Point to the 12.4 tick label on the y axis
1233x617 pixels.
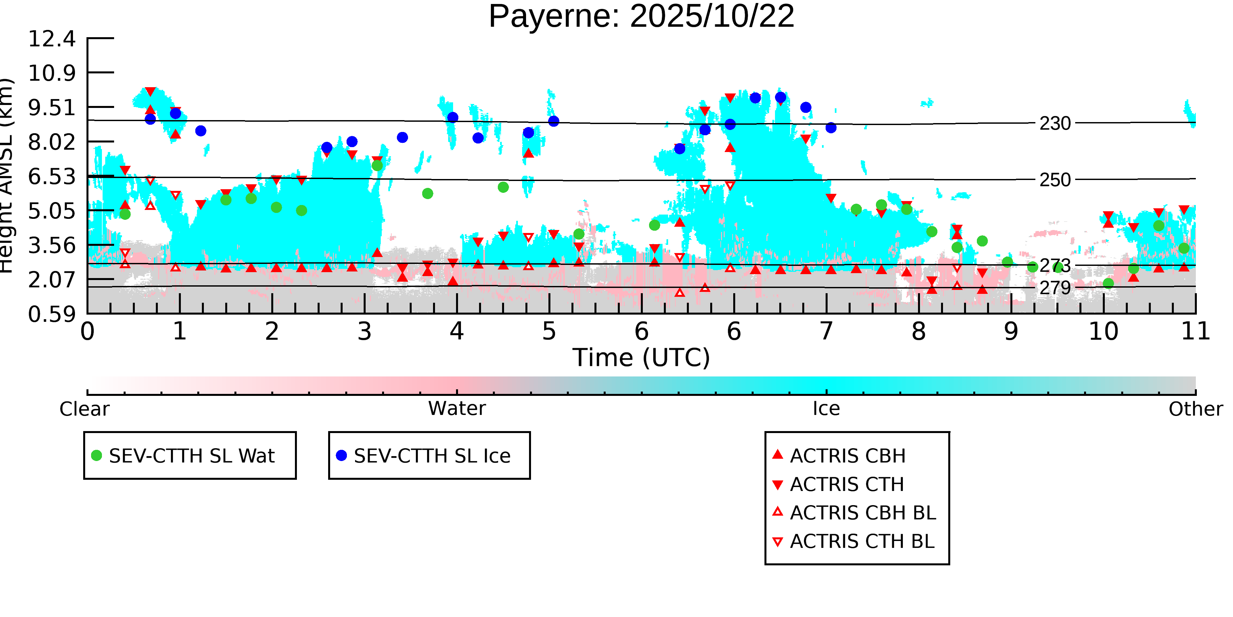point(52,39)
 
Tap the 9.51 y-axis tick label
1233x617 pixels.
point(52,108)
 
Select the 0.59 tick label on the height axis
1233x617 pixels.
point(52,315)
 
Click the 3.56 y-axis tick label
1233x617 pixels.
point(52,246)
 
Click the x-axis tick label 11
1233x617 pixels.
point(1195,331)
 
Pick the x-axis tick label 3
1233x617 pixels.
point(364,331)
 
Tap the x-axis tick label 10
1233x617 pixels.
point(1103,331)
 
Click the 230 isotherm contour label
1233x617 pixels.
point(1055,124)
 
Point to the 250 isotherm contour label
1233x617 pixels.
point(1055,180)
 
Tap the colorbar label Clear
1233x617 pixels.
point(84,409)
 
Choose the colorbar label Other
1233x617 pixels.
point(1195,409)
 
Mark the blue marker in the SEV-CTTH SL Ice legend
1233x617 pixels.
point(341,455)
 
